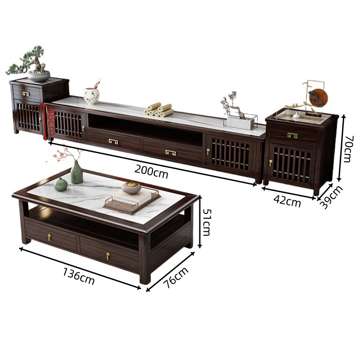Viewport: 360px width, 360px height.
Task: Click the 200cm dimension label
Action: [x=151, y=172]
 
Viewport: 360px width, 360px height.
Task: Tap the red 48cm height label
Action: [x=51, y=121]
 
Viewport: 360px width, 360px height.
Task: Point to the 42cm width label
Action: [x=287, y=201]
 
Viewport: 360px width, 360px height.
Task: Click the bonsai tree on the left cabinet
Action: [x=29, y=64]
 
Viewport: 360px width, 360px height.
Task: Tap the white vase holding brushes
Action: [x=91, y=95]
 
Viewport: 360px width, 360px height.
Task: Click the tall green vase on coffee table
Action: [x=76, y=172]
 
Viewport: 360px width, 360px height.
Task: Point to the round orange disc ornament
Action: [x=318, y=97]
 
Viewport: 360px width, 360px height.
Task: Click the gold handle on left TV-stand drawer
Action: [x=114, y=142]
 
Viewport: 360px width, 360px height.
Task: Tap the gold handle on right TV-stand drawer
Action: [x=171, y=152]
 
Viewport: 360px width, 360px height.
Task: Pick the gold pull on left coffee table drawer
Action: [x=49, y=237]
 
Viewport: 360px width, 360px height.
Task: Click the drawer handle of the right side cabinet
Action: [x=292, y=135]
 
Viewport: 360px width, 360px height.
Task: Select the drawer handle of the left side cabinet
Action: [x=26, y=94]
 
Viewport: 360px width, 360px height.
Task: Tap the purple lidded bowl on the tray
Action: [x=131, y=187]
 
